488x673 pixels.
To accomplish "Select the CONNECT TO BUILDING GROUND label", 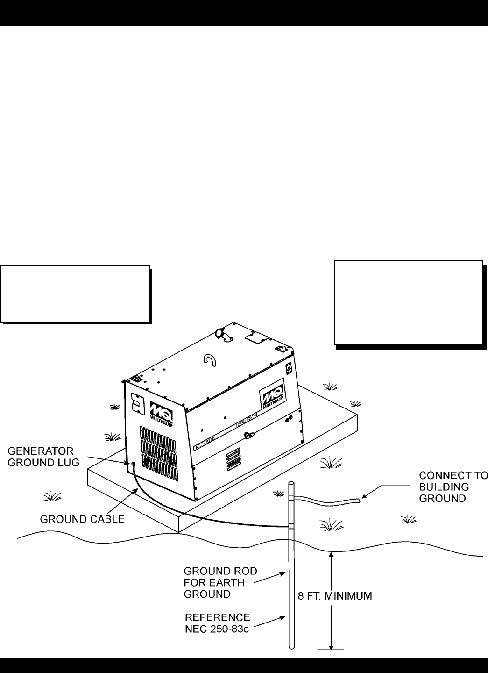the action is coord(452,487).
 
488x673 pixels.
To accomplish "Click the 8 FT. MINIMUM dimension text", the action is coord(334,596).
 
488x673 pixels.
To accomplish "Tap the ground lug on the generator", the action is coord(133,464).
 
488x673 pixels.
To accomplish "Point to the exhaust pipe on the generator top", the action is coord(222,336).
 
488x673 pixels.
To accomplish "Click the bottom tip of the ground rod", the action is coord(291,646).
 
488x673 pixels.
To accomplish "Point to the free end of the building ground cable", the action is coord(358,501).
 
